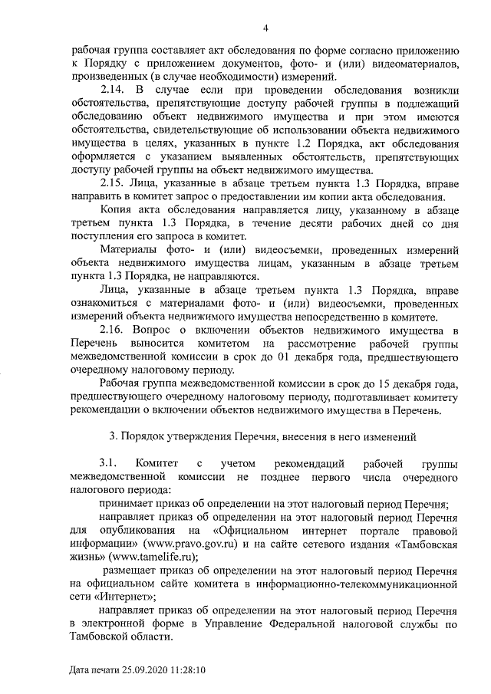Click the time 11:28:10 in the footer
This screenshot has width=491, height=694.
(189, 669)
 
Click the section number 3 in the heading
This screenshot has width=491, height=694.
(112, 437)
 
